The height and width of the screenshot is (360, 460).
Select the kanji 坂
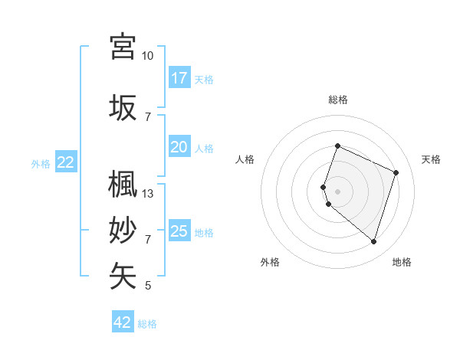123,107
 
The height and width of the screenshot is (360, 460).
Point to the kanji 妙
123,230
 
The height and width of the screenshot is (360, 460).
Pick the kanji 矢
123,276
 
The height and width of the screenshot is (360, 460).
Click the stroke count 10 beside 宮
148,56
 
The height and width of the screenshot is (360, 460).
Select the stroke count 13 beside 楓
148,194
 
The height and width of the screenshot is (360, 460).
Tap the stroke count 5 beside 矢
148,286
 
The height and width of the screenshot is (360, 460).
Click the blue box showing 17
179,78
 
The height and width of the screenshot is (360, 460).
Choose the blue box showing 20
179,147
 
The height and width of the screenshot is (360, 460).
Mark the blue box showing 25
179,231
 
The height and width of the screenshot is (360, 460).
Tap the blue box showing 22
66,162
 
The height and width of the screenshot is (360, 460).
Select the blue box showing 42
123,322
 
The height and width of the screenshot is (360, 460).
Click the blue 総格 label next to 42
147,324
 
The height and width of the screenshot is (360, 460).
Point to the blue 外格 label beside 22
41,163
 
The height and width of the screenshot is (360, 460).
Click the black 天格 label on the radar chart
432,159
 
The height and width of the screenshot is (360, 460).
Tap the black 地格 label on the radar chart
402,262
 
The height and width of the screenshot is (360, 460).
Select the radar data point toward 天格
396,172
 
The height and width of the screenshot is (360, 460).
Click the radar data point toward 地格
373,241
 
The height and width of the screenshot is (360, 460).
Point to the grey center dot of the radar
338,191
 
